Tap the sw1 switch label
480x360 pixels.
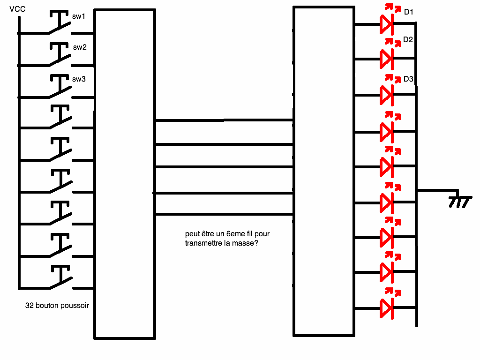(79, 16)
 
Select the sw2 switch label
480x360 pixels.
(79, 47)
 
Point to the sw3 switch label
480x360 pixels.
(79, 79)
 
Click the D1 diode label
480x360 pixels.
(409, 12)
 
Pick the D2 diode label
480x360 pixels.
(408, 40)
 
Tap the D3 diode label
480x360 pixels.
(408, 79)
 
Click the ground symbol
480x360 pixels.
(459, 200)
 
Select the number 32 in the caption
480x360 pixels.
(29, 306)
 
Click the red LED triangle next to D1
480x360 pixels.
(386, 24)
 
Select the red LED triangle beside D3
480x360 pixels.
(386, 94)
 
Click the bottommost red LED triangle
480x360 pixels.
(386, 308)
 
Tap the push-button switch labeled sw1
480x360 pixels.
(60, 26)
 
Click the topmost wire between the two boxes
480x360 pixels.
(224, 120)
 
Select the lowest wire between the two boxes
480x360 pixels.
(224, 215)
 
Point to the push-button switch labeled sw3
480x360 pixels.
(60, 90)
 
